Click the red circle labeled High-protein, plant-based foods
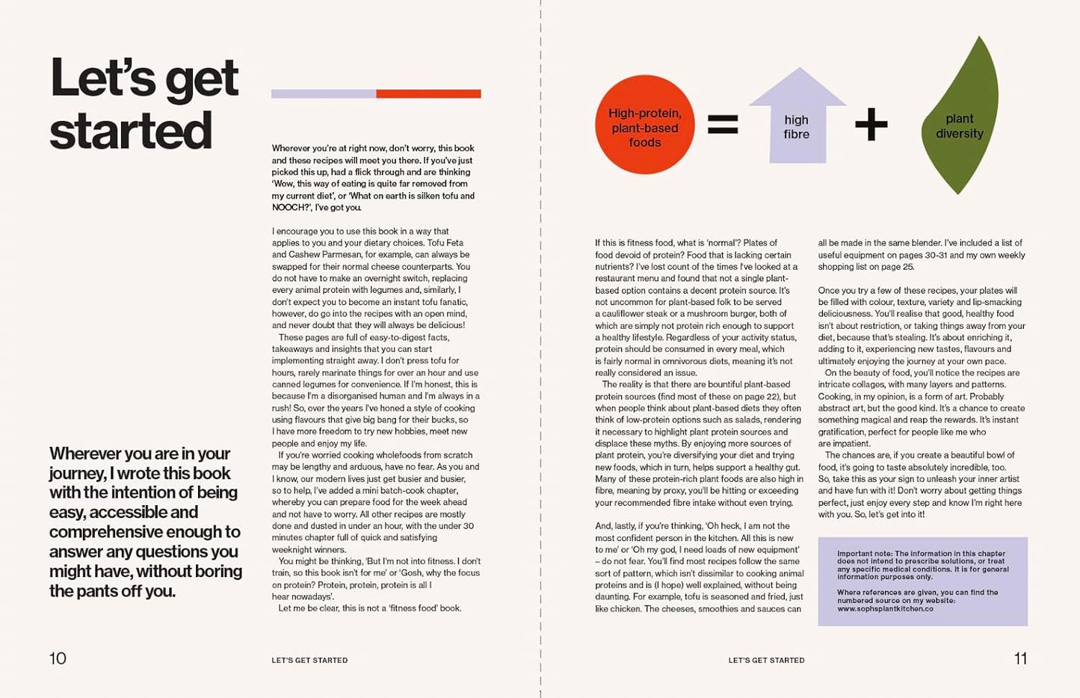(644, 126)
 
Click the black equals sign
(722, 124)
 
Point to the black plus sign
(871, 124)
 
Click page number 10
(58, 658)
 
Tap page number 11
(1020, 658)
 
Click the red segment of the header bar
(428, 94)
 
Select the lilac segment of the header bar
(323, 94)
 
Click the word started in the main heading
(131, 132)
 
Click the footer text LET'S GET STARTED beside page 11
(766, 661)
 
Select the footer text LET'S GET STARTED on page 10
(309, 661)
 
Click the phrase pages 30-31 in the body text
(945, 255)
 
